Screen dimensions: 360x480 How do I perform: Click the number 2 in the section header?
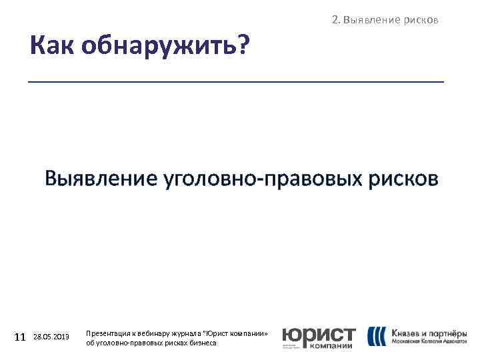coord(334,20)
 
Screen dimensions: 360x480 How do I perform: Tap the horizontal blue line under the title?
coord(235,81)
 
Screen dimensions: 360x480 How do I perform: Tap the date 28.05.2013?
coord(51,337)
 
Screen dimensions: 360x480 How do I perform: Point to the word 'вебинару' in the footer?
coord(156,333)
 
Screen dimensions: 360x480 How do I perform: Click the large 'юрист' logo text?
coord(318,334)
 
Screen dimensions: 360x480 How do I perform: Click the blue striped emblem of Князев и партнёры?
coord(376,335)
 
